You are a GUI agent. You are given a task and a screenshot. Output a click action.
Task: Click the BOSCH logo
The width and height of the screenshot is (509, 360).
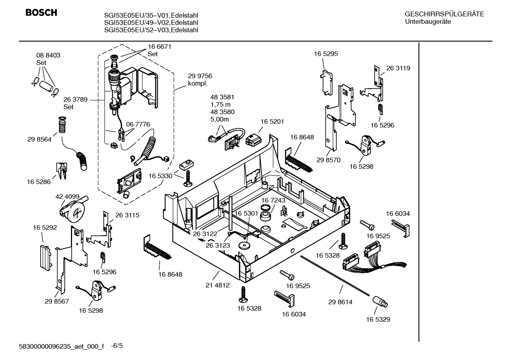pos(41,13)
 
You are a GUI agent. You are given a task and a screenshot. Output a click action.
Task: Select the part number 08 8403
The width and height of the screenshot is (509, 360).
pos(48,55)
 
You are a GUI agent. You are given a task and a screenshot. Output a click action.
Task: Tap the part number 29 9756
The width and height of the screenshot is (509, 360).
pos(200,76)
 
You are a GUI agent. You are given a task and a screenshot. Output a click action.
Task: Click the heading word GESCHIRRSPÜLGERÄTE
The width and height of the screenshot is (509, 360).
pos(444,14)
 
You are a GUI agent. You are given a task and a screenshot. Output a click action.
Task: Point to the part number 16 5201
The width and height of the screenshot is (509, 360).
pos(272,122)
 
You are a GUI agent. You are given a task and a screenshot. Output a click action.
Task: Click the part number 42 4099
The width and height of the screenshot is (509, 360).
pos(67,196)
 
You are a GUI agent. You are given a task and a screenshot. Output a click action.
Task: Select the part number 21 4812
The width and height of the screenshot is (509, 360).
pos(218,285)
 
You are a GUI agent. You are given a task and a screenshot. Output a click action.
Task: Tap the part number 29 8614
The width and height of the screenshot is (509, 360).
pos(340,302)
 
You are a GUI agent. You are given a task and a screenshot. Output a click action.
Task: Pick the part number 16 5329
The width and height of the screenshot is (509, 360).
pos(378,319)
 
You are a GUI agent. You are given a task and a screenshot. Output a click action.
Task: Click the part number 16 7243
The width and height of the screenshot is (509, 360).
pos(273,200)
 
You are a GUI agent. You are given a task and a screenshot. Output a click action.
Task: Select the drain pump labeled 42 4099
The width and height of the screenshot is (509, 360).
pos(73,209)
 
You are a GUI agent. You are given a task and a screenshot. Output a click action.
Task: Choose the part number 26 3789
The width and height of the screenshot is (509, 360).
pos(75,100)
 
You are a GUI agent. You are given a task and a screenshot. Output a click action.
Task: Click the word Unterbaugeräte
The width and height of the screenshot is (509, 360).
pos(427,22)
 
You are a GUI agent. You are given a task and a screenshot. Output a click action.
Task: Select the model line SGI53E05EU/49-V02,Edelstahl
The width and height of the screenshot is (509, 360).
pos(151,23)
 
